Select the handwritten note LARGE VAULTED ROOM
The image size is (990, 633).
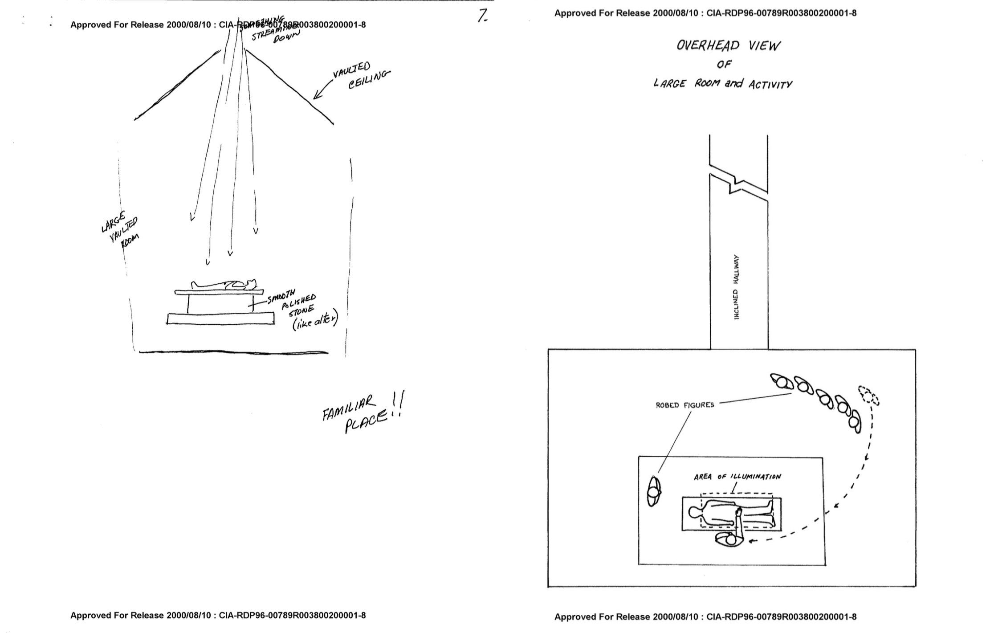[120, 230]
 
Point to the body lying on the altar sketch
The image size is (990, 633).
[224, 284]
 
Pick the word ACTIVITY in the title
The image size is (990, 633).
[770, 85]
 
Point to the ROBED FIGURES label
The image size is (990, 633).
[684, 405]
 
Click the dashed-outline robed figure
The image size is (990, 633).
[868, 395]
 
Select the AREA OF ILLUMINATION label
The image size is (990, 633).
[737, 477]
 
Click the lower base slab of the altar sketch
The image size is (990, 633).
[220, 319]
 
